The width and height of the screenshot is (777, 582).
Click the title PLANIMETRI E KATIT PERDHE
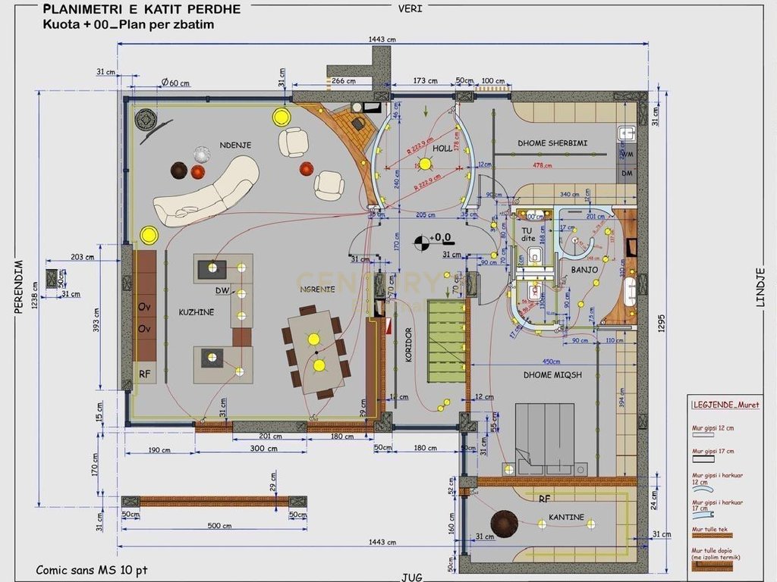pyautogui.click(x=142, y=9)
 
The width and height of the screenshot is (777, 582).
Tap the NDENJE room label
pyautogui.click(x=235, y=145)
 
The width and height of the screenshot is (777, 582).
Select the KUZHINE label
pyautogui.click(x=196, y=312)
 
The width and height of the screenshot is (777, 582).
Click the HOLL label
pyautogui.click(x=442, y=149)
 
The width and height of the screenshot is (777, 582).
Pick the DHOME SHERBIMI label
pyautogui.click(x=552, y=142)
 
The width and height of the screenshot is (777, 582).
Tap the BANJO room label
pyautogui.click(x=585, y=270)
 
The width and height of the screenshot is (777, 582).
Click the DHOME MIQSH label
pyautogui.click(x=552, y=374)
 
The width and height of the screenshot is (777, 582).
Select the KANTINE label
pyautogui.click(x=566, y=518)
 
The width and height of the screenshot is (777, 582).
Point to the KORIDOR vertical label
pyautogui.click(x=408, y=345)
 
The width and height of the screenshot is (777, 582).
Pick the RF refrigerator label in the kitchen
pyautogui.click(x=144, y=373)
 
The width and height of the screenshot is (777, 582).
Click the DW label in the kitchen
pyautogui.click(x=222, y=291)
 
